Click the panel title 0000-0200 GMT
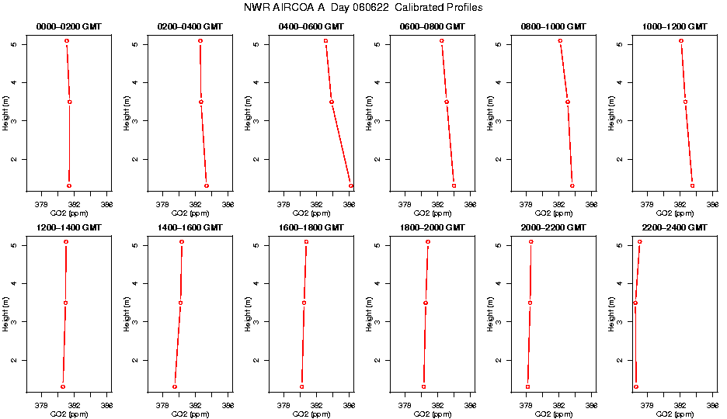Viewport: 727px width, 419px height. pyautogui.click(x=69, y=26)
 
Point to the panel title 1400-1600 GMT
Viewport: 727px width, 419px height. pyautogui.click(x=190, y=227)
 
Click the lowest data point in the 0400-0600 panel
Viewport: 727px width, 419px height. pyautogui.click(x=351, y=185)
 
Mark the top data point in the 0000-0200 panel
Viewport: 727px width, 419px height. pyautogui.click(x=67, y=40)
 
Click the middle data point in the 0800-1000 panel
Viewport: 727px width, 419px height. pyautogui.click(x=568, y=102)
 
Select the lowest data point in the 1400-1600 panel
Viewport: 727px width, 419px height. pyautogui.click(x=175, y=386)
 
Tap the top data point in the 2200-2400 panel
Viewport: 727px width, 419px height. pyautogui.click(x=640, y=241)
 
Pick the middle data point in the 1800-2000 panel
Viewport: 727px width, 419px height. pyautogui.click(x=426, y=303)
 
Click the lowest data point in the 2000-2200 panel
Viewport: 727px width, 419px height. pyautogui.click(x=527, y=386)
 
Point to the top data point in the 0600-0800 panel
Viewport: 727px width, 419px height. pyautogui.click(x=442, y=40)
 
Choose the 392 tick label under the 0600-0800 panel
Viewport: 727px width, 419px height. pyautogui.click(x=437, y=204)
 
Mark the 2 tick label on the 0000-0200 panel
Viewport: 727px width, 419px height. pyautogui.click(x=14, y=160)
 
